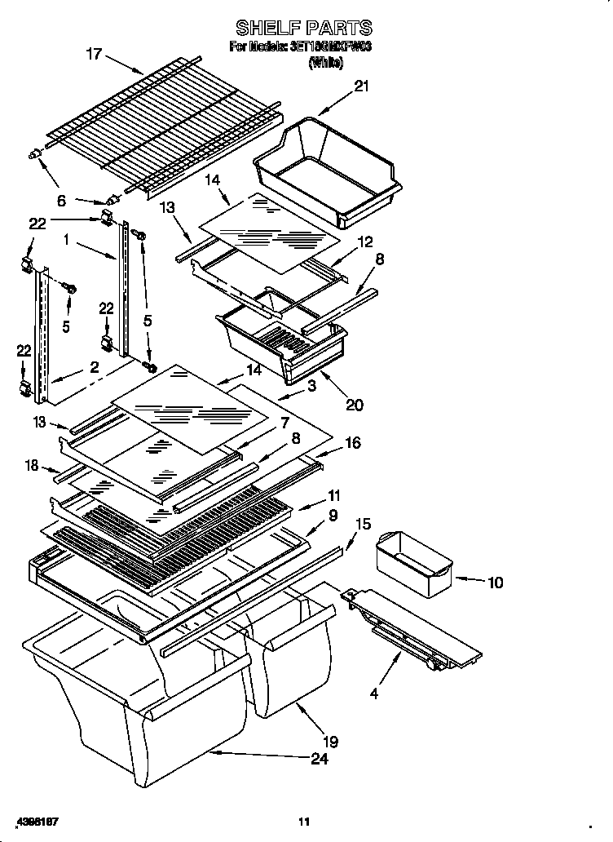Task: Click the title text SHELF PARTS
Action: click(x=303, y=29)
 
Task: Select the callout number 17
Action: click(x=95, y=55)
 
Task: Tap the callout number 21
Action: click(x=361, y=86)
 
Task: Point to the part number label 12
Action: click(x=364, y=242)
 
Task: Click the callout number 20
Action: click(x=354, y=404)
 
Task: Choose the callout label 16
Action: click(x=352, y=443)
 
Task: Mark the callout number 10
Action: click(x=495, y=583)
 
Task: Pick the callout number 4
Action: click(x=373, y=694)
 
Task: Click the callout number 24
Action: click(x=320, y=760)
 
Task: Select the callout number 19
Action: click(x=329, y=742)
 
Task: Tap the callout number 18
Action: click(x=31, y=465)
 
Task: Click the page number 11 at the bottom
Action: click(x=303, y=821)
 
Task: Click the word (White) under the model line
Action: click(x=326, y=63)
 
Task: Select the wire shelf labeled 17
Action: click(x=163, y=122)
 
